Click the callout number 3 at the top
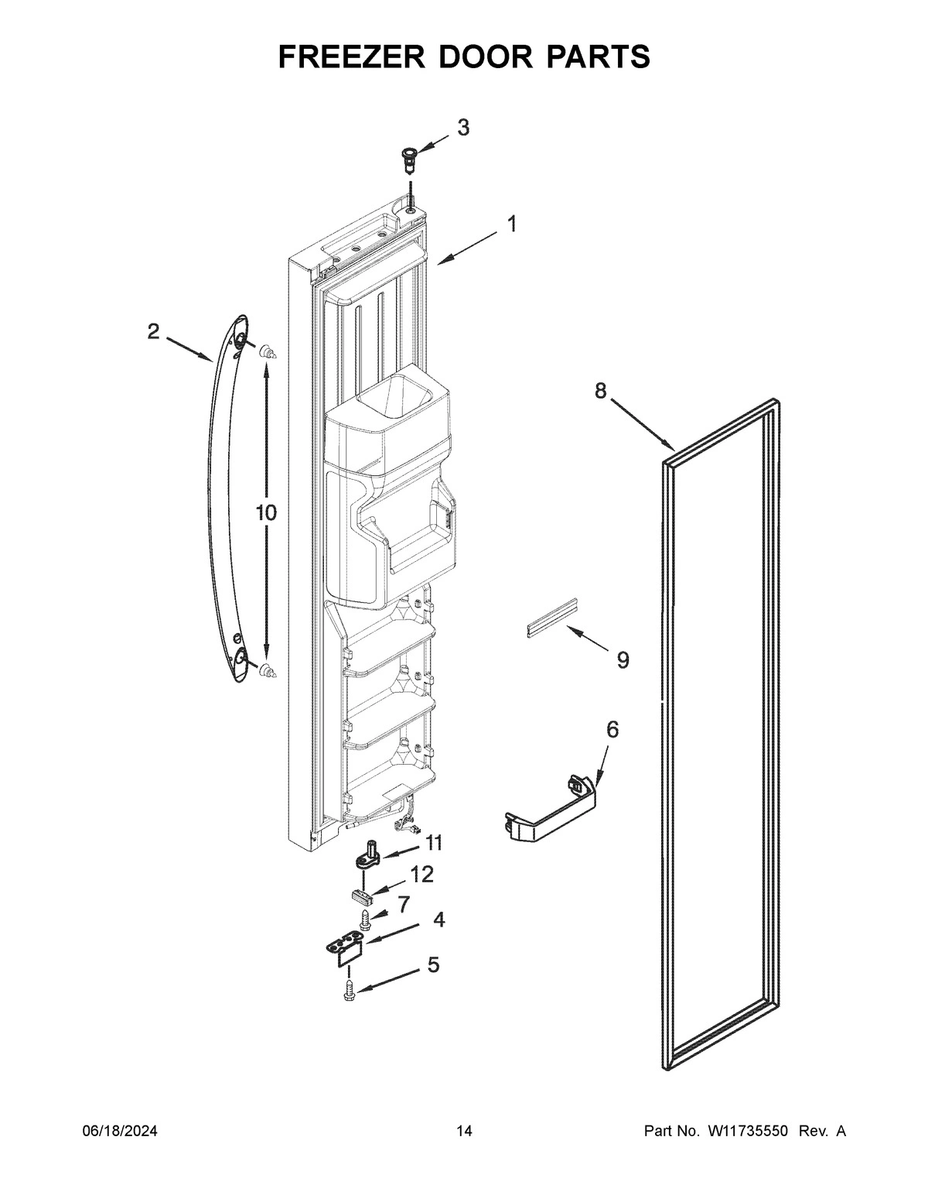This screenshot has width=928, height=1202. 462,128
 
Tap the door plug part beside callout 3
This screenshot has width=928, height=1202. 408,161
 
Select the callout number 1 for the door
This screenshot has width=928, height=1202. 512,224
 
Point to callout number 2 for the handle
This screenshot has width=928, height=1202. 153,332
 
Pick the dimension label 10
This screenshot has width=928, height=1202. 265,512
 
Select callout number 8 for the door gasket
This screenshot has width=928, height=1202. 601,392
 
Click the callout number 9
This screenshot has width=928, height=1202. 623,660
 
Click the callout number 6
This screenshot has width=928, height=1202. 612,729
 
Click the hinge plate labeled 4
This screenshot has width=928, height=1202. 343,949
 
